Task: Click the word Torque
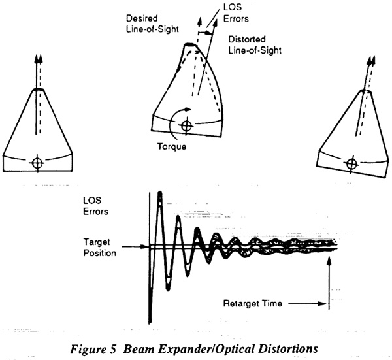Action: click(x=172, y=146)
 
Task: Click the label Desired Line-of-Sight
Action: click(x=152, y=24)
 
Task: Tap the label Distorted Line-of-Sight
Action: click(x=255, y=44)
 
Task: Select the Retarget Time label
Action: click(x=252, y=304)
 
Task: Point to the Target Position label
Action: click(x=99, y=247)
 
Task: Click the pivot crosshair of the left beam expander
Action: click(x=37, y=163)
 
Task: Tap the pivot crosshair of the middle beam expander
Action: click(x=186, y=125)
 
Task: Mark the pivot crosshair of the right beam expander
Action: click(x=352, y=164)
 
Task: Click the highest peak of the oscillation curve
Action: click(x=160, y=193)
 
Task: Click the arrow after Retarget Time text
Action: click(x=308, y=304)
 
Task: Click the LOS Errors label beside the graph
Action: click(x=95, y=206)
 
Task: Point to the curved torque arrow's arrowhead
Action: click(x=188, y=109)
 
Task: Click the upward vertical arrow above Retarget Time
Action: click(x=329, y=284)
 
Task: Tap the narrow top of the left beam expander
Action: click(x=39, y=90)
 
